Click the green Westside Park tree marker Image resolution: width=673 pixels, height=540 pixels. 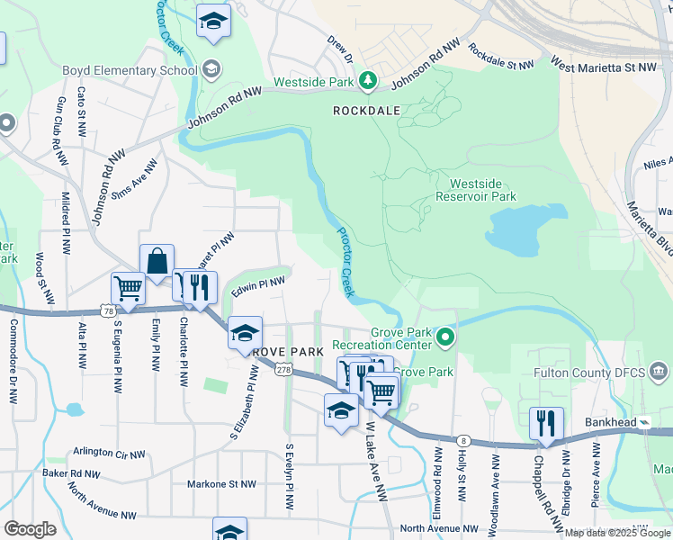pyautogui.click(x=367, y=82)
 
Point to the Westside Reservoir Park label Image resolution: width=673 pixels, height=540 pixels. pyautogui.click(x=476, y=189)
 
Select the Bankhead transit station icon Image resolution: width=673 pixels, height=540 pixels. pyautogui.click(x=645, y=422)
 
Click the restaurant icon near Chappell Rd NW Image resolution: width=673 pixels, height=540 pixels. pyautogui.click(x=546, y=423)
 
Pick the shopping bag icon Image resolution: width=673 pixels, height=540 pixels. pyautogui.click(x=157, y=262)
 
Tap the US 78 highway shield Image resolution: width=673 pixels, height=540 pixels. pyautogui.click(x=108, y=311)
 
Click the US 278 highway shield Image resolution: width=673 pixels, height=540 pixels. pyautogui.click(x=283, y=370)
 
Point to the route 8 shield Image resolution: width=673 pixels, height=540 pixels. pyautogui.click(x=462, y=440)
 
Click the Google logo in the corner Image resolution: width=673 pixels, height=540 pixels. pyautogui.click(x=30, y=529)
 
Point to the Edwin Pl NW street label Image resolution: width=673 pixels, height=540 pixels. pyautogui.click(x=258, y=287)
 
